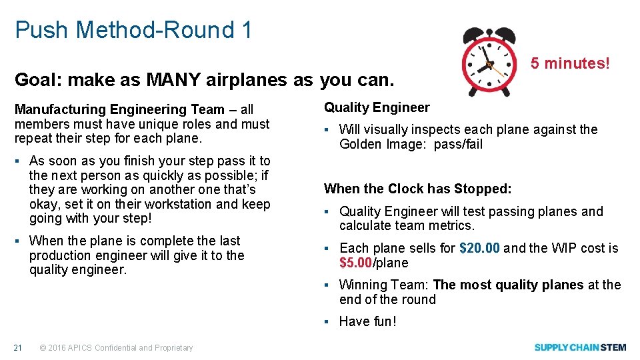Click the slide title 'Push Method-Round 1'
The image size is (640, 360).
tap(133, 30)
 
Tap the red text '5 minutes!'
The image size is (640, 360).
tap(570, 63)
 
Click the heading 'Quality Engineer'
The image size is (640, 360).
tap(377, 107)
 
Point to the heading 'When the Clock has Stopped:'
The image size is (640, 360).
tap(417, 189)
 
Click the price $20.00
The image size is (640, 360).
tap(479, 248)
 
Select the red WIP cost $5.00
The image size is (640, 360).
tap(355, 263)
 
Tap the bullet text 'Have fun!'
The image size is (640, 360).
tap(367, 321)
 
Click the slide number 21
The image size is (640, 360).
tap(19, 347)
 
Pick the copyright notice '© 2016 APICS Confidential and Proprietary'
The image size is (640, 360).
tap(117, 347)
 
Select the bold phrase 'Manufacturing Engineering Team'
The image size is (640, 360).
tap(119, 109)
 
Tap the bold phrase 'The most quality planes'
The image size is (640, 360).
tap(508, 285)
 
